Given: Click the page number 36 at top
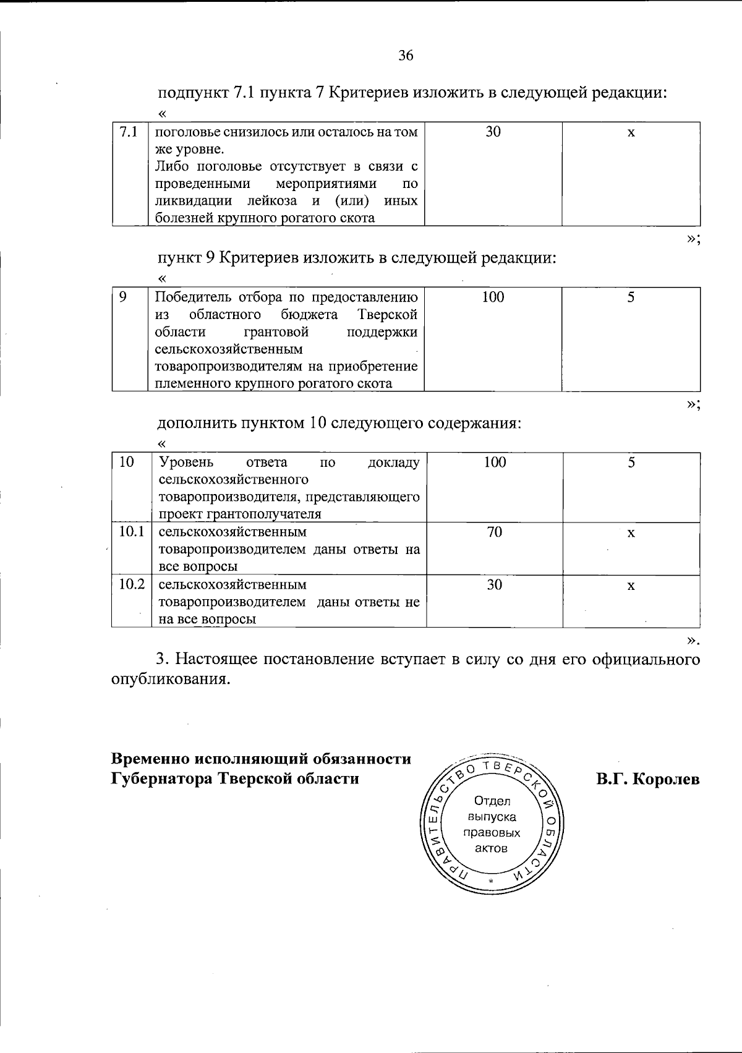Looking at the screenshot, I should click(x=406, y=56).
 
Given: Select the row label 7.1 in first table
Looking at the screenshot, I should click(x=128, y=132).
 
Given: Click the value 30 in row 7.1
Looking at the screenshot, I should click(x=493, y=132).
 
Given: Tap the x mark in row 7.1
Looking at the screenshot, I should click(x=631, y=132).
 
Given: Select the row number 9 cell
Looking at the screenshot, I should click(x=124, y=297).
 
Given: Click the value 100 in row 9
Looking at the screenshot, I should click(x=493, y=297).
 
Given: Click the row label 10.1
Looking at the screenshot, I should click(x=131, y=532).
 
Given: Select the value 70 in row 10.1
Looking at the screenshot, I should click(x=494, y=532).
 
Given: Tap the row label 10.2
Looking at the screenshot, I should click(x=131, y=584).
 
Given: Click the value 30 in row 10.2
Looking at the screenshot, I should click(x=494, y=584).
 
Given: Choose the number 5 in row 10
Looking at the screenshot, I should click(x=631, y=463).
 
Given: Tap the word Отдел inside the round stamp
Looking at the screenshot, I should click(x=492, y=801).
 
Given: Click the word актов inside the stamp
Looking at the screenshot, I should click(x=491, y=848).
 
